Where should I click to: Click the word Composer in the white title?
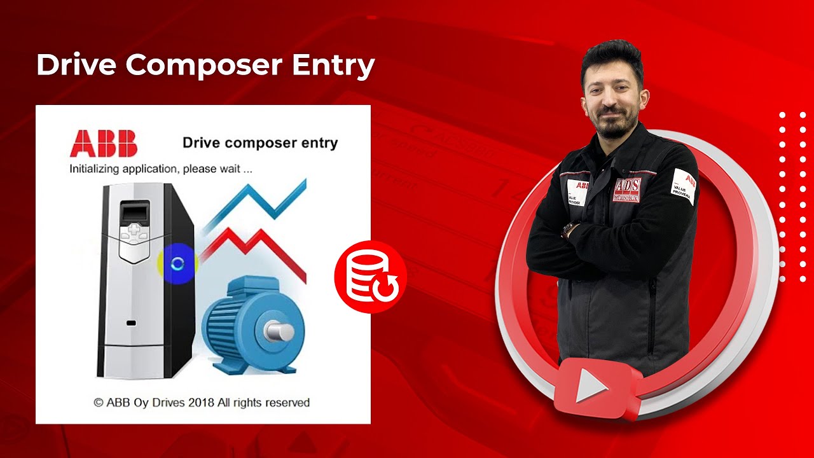pos(205,66)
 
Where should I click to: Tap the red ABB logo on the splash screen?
pos(104,143)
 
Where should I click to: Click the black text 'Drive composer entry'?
pos(260,142)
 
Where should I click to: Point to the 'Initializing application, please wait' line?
pos(161,170)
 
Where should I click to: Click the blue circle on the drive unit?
pos(177,263)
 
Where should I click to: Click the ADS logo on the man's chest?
pos(627,189)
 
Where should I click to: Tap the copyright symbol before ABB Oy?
pos(99,403)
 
